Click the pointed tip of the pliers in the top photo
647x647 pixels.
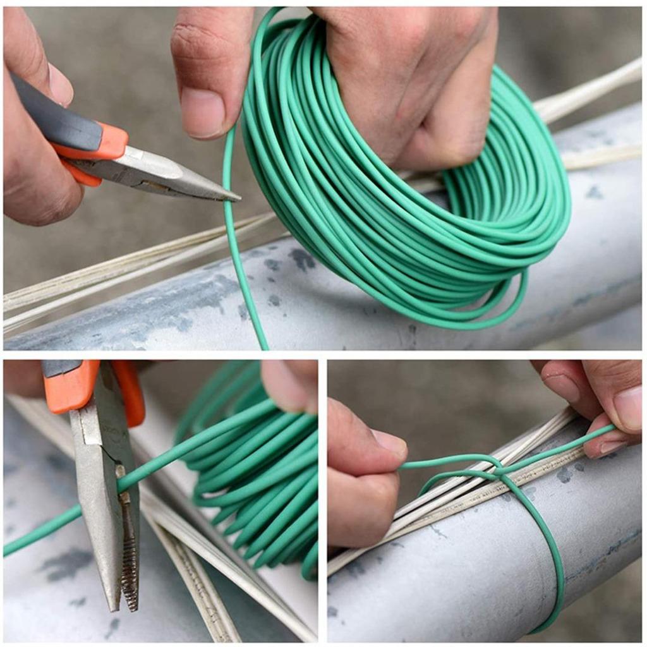[235, 198]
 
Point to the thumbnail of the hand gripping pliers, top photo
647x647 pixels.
[60, 85]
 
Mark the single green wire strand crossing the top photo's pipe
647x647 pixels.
[243, 284]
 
